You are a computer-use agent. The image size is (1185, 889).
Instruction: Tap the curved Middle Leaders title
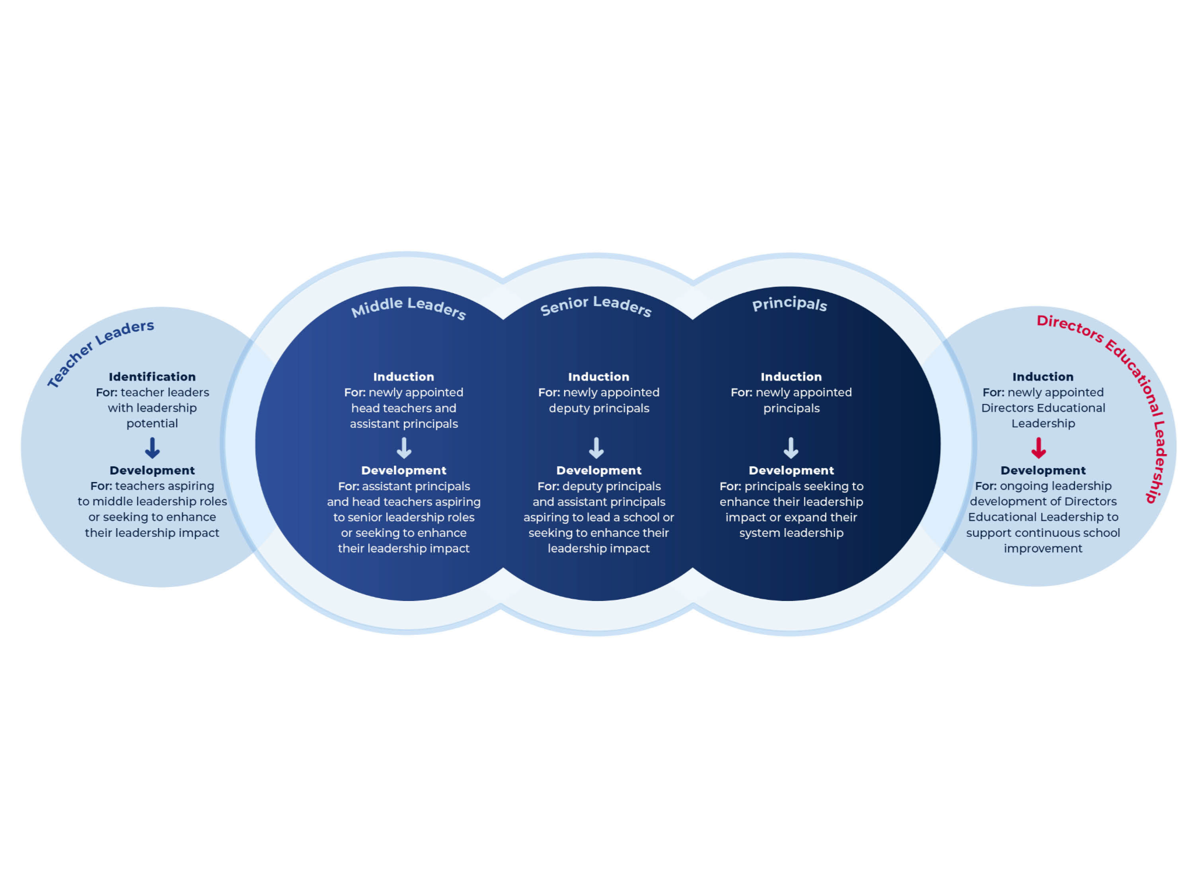(x=408, y=307)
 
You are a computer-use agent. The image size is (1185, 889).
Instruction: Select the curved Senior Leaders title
(x=595, y=305)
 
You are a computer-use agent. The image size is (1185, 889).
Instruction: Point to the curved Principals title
(x=789, y=304)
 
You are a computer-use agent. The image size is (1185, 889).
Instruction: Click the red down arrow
(x=1038, y=448)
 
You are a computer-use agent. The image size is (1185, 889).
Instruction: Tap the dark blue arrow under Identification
(x=152, y=448)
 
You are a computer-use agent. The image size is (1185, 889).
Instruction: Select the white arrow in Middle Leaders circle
(x=404, y=448)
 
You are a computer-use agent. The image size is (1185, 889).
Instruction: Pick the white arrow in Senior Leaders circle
(x=596, y=448)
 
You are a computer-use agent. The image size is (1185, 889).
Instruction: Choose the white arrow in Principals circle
(x=791, y=448)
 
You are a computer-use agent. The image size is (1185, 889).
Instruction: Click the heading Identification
(x=152, y=377)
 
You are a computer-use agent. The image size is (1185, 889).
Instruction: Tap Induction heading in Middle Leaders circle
(x=404, y=377)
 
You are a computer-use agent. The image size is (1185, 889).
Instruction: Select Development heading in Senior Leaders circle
(x=599, y=470)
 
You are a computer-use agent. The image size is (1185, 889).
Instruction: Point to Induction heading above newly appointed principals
(x=791, y=377)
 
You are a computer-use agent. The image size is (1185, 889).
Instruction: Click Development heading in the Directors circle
(x=1043, y=470)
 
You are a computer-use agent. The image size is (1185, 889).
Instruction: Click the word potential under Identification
(x=152, y=424)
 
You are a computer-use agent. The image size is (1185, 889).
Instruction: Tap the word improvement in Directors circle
(x=1043, y=549)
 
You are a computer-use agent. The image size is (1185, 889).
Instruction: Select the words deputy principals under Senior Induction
(x=599, y=408)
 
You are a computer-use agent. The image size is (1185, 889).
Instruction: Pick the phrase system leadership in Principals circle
(x=791, y=533)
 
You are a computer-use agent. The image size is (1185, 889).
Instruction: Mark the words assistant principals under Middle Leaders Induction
(x=404, y=424)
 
